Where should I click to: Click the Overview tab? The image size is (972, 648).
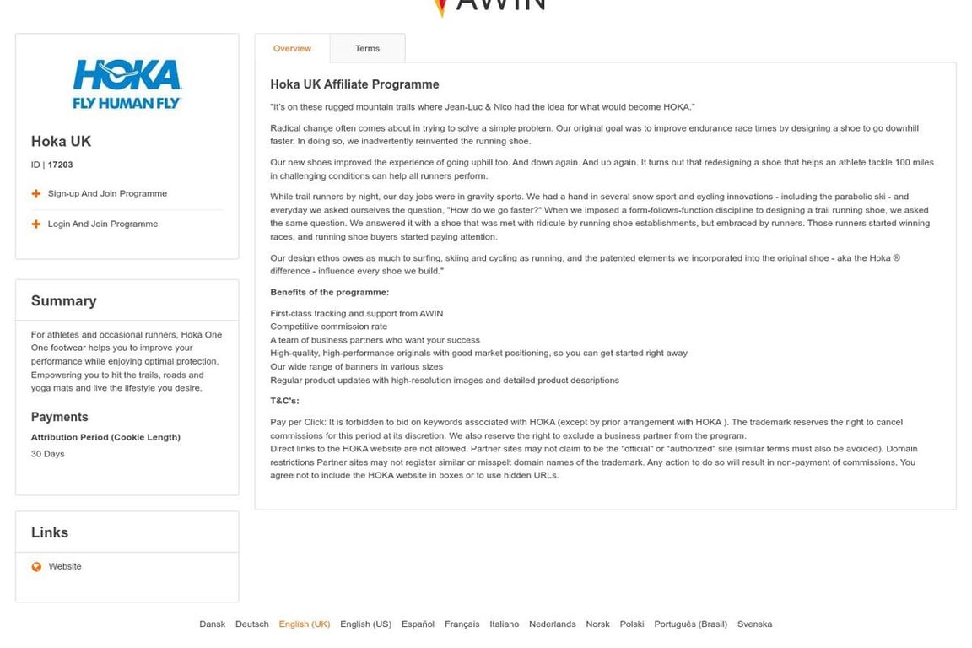pos(292,49)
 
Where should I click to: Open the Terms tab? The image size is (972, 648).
pos(367,49)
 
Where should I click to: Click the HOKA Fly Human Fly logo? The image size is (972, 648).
pos(127,84)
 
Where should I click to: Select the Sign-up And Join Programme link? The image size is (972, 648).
pos(107,194)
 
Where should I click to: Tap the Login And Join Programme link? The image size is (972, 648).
pos(102,224)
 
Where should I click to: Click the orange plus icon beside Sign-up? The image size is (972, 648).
pos(36,194)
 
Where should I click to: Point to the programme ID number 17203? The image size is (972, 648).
pos(60,165)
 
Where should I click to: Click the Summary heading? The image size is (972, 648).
pos(64,301)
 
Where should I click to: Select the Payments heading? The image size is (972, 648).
pos(60,418)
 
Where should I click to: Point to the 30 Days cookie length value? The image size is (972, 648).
pos(48,455)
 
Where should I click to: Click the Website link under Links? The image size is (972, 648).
pos(65,567)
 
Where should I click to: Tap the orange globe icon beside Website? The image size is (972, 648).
pos(36,567)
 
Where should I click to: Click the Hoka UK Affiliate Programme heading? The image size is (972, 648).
pos(354,85)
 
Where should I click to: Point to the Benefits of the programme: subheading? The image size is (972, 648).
pos(329,293)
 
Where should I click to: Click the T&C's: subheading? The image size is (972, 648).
pos(284,402)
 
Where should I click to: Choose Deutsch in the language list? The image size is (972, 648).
pos(251,624)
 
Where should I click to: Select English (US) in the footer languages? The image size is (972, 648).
pos(365,624)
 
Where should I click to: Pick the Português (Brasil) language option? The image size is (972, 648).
pos(690,624)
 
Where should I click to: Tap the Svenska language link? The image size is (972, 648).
pos(754,624)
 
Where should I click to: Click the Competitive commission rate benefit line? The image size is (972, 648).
pos(328,327)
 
